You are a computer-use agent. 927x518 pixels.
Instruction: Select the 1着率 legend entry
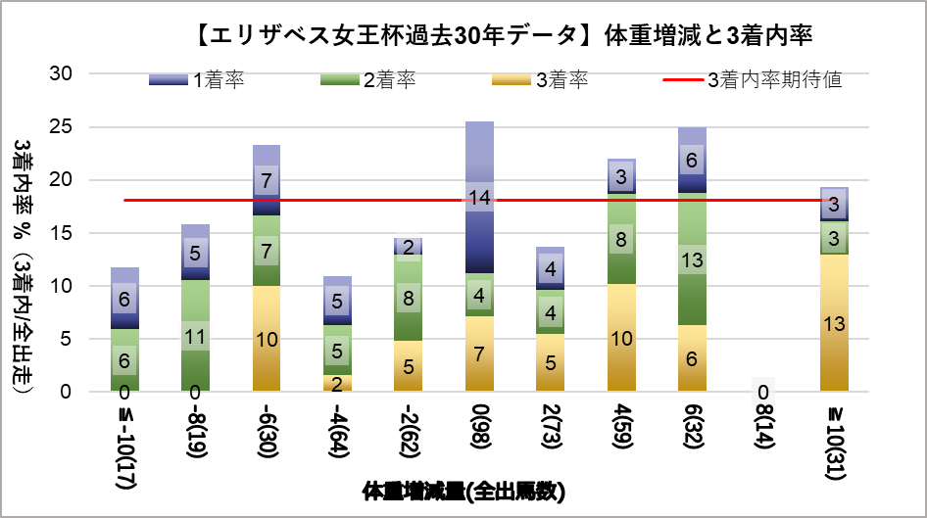[196, 80]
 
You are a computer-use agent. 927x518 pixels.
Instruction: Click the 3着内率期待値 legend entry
[750, 80]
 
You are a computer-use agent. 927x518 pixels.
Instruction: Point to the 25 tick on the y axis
[61, 127]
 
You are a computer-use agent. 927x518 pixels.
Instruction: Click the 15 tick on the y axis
[61, 233]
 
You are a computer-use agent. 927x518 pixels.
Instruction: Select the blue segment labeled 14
[479, 198]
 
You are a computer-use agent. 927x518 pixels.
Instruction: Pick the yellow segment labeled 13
[833, 322]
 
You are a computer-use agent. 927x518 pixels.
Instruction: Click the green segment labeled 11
[195, 335]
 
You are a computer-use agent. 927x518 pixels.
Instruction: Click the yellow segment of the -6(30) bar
[266, 338]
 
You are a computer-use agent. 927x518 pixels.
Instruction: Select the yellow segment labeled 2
[337, 383]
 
